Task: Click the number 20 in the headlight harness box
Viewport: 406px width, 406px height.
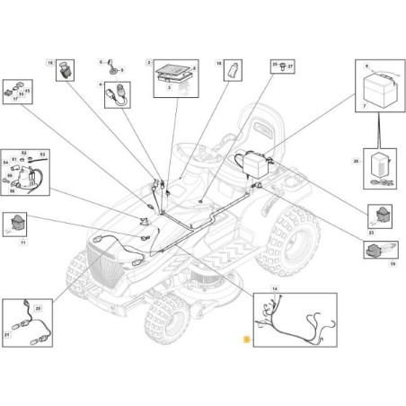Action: click(x=39, y=308)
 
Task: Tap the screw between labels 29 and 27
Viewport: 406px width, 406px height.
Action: click(x=284, y=66)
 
